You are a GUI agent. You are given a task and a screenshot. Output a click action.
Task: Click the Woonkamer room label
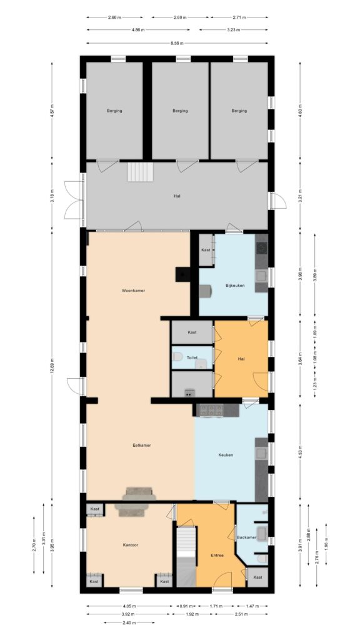(134, 291)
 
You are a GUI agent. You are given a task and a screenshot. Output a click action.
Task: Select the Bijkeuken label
(235, 286)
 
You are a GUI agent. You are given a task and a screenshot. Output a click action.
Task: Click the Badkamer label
(246, 537)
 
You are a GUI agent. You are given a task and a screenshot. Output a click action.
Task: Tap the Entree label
(216, 555)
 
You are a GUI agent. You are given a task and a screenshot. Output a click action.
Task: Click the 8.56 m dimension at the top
(177, 42)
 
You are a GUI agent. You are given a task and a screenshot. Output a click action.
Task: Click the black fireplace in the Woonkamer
(183, 274)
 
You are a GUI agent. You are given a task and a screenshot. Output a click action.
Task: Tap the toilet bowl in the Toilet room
(178, 357)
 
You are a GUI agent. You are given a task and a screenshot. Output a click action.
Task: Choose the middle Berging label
(180, 111)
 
